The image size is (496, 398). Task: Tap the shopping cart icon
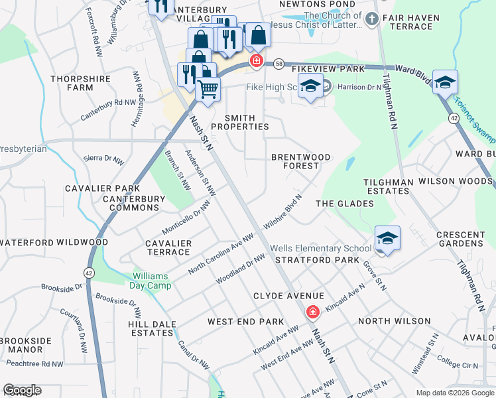tap(208, 88)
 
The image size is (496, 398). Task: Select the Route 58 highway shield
tap(279, 62)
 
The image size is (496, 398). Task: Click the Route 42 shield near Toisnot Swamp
tap(453, 117)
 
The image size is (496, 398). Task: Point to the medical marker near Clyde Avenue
tap(312, 312)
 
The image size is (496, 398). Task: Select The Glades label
tap(344, 204)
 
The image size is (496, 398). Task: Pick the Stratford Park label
tap(308, 260)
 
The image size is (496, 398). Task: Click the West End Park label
tap(245, 321)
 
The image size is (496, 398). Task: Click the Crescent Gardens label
tap(460, 239)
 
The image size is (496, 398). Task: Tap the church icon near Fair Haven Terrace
tap(371, 19)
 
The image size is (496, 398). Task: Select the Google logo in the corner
tap(22, 390)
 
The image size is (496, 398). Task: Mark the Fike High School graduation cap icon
tap(310, 86)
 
